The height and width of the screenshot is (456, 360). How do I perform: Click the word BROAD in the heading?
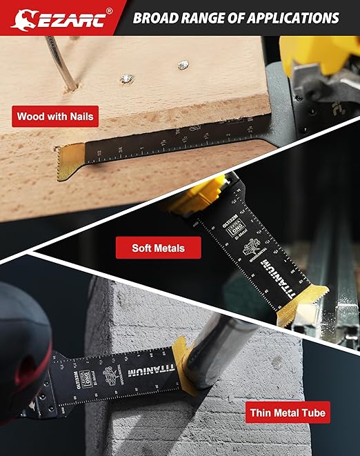(159, 17)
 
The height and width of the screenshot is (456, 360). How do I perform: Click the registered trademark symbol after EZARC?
(109, 11)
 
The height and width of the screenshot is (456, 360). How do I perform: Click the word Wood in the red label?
(32, 117)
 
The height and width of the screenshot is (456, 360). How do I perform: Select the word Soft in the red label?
(146, 246)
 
